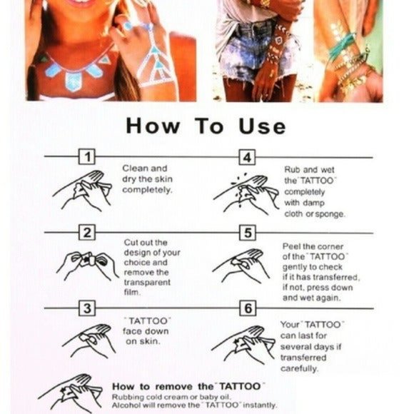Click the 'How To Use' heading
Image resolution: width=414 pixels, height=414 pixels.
pos(206,127)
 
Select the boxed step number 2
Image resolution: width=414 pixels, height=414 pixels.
pos(86,233)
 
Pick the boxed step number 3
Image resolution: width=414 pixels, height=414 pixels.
pos(86,308)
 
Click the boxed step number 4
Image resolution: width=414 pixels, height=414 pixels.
pos(246,157)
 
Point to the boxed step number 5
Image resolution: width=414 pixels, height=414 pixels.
pos(246,233)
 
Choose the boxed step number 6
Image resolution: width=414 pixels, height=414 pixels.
pos(246,308)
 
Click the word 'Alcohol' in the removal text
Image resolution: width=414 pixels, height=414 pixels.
pos(128,405)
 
